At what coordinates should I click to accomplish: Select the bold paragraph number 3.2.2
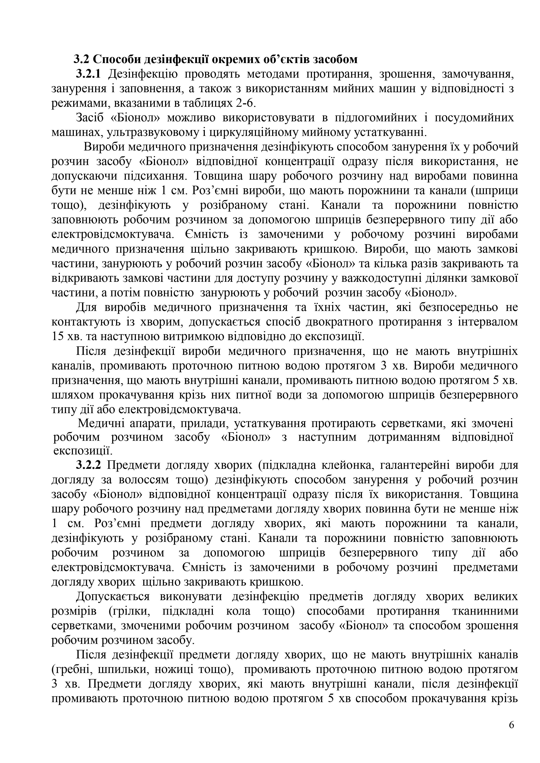pos(88,465)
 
